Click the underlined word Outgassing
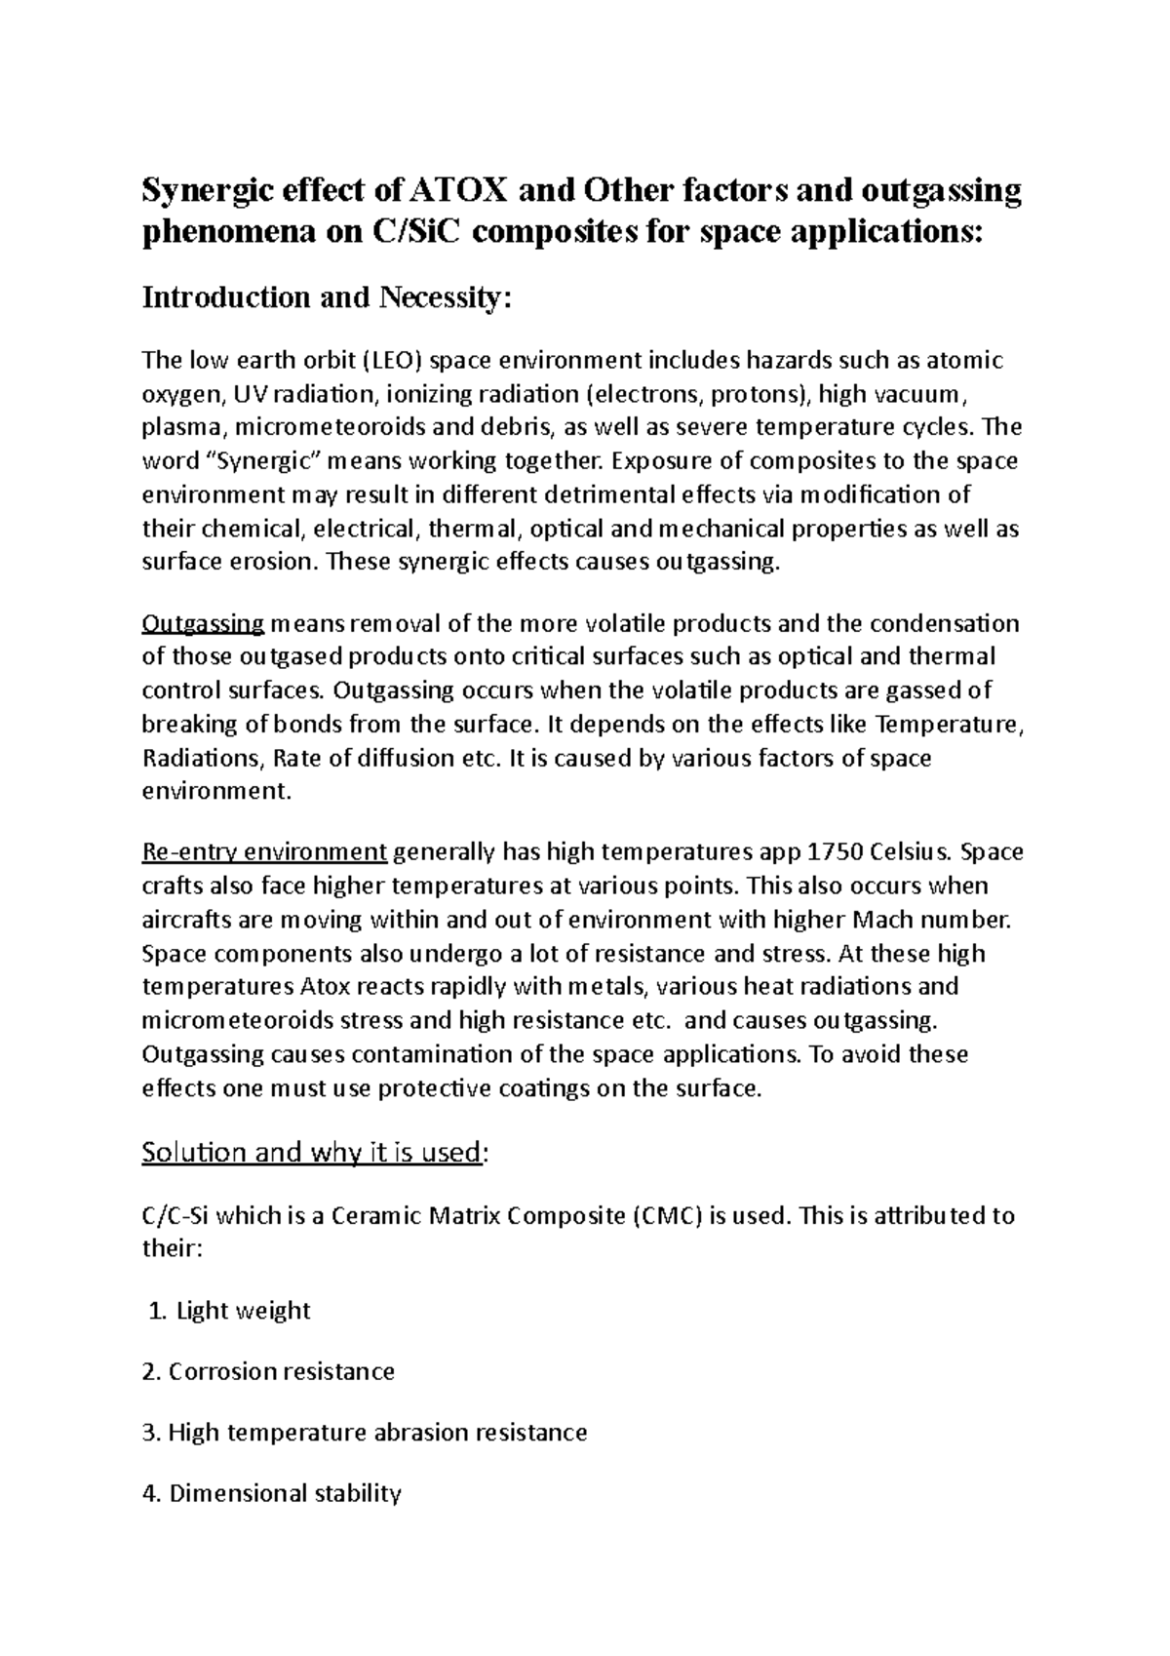(203, 623)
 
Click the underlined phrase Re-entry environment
(265, 851)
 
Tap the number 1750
(836, 851)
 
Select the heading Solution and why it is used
(312, 1152)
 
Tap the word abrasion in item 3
(420, 1432)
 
